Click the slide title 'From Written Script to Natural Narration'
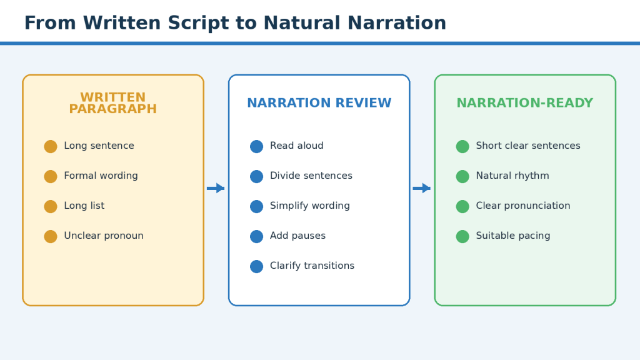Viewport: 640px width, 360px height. tap(235, 23)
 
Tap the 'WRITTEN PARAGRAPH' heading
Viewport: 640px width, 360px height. tap(113, 103)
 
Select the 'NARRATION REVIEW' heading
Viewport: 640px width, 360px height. tap(319, 103)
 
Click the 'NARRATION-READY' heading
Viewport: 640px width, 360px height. tap(525, 103)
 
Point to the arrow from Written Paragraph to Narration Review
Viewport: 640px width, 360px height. tap(216, 188)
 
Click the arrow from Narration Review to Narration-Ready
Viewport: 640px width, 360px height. tap(422, 188)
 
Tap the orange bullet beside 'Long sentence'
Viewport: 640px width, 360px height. tap(51, 146)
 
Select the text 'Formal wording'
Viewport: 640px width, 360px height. tap(101, 176)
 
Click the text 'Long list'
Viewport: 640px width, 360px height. tap(84, 206)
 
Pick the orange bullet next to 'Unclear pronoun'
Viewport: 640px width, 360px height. tap(51, 236)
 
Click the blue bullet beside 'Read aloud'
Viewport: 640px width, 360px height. tap(256, 146)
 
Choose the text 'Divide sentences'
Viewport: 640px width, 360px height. tap(311, 176)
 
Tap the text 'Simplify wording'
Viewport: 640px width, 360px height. tap(310, 206)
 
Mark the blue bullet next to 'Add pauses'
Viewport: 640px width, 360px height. tap(256, 236)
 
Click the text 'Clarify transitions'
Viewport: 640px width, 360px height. tap(312, 266)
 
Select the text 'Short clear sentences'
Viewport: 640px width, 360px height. tap(528, 146)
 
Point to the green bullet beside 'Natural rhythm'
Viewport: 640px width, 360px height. tap(462, 176)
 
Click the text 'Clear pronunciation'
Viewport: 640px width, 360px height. tap(523, 206)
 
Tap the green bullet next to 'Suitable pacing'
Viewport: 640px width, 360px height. tap(462, 236)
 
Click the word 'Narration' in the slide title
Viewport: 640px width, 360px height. tap(397, 23)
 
